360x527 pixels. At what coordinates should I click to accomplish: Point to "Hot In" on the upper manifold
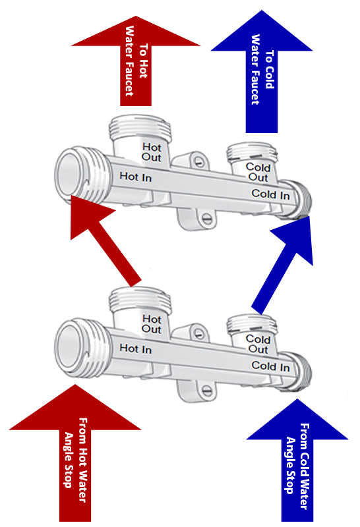click(136, 177)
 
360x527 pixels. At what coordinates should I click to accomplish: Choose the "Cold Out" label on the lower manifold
click(258, 344)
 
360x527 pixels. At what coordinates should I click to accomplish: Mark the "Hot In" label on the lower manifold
click(136, 348)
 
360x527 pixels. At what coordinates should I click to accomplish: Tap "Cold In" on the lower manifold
click(270, 366)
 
